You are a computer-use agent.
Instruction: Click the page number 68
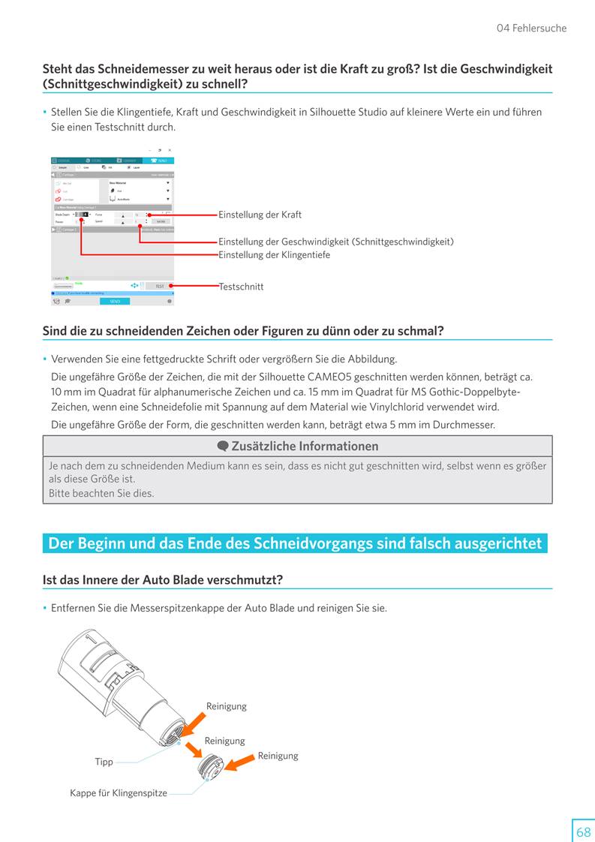tap(582, 831)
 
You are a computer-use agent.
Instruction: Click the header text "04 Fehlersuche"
tap(531, 29)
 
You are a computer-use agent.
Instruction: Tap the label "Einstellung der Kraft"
tap(260, 215)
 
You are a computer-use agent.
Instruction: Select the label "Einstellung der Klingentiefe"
tap(274, 255)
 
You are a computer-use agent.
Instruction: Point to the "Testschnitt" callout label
tap(241, 287)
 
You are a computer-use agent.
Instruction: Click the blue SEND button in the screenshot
tap(115, 301)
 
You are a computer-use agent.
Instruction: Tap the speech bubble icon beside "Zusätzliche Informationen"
tap(223, 447)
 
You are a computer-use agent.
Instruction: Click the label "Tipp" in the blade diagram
tap(104, 762)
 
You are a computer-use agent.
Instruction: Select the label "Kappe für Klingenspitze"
tap(119, 793)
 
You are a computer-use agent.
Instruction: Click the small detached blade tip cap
tap(211, 767)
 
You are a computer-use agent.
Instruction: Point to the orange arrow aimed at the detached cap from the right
tap(240, 763)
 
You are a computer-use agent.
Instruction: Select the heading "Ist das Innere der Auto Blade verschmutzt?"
tap(162, 580)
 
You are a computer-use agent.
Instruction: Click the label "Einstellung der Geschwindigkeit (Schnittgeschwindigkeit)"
tap(335, 242)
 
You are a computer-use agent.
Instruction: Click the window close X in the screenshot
tap(170, 150)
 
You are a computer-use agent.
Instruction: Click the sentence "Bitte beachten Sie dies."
tap(101, 493)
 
